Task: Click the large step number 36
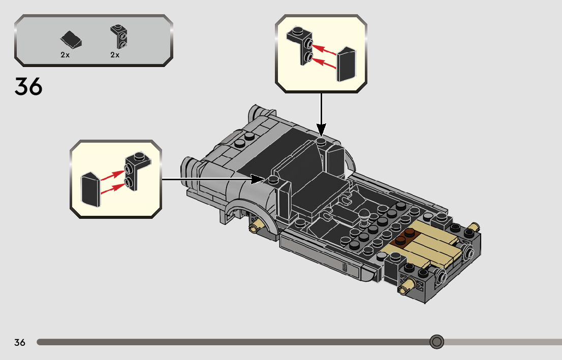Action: (28, 86)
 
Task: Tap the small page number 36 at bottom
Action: (20, 342)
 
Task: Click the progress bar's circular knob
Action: (436, 342)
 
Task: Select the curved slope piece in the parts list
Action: (71, 40)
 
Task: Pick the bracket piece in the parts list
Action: (118, 36)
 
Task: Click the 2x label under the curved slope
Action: (65, 55)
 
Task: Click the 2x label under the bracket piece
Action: (115, 55)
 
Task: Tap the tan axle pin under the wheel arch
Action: (258, 225)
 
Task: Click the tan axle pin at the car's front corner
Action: (407, 286)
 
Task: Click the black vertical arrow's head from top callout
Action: (321, 129)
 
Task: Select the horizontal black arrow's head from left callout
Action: (258, 179)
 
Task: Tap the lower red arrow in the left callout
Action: (113, 188)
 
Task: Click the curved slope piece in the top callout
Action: (347, 64)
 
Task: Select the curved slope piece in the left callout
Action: (90, 189)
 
